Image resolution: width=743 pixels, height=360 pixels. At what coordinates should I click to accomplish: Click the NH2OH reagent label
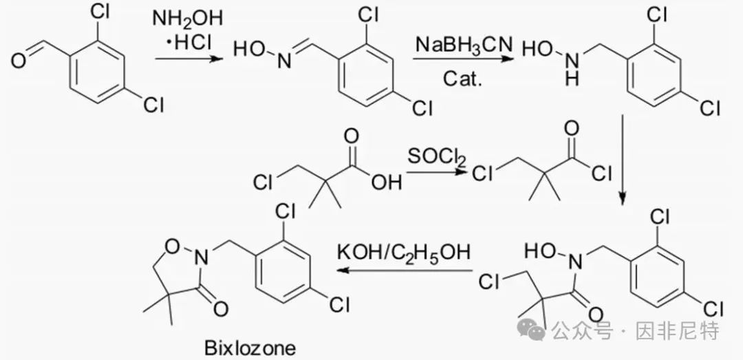tap(187, 19)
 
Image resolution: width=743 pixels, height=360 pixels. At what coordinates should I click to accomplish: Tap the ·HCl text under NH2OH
tap(189, 43)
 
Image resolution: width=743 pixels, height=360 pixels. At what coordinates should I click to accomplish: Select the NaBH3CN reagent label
tap(464, 45)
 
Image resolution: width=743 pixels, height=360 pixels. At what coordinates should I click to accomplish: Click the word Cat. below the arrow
tap(462, 78)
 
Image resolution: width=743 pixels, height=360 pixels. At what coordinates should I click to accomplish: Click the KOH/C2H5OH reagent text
tap(404, 252)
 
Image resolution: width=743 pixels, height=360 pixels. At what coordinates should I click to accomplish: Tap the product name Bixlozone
tap(250, 348)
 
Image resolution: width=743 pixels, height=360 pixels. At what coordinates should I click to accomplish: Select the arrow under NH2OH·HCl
tap(189, 59)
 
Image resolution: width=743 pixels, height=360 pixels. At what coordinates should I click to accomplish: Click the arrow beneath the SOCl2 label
tap(436, 173)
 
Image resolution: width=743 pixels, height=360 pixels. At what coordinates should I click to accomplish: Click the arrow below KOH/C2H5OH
tap(406, 271)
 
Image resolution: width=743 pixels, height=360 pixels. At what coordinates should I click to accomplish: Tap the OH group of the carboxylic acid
tap(386, 182)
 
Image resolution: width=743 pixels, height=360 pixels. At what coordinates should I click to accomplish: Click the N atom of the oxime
tap(284, 62)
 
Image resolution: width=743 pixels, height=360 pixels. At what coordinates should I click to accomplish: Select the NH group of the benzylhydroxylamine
tap(572, 70)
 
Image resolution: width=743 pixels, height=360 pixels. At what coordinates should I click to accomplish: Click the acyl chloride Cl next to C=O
tap(601, 173)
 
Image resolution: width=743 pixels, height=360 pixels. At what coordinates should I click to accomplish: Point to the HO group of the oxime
tap(250, 50)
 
